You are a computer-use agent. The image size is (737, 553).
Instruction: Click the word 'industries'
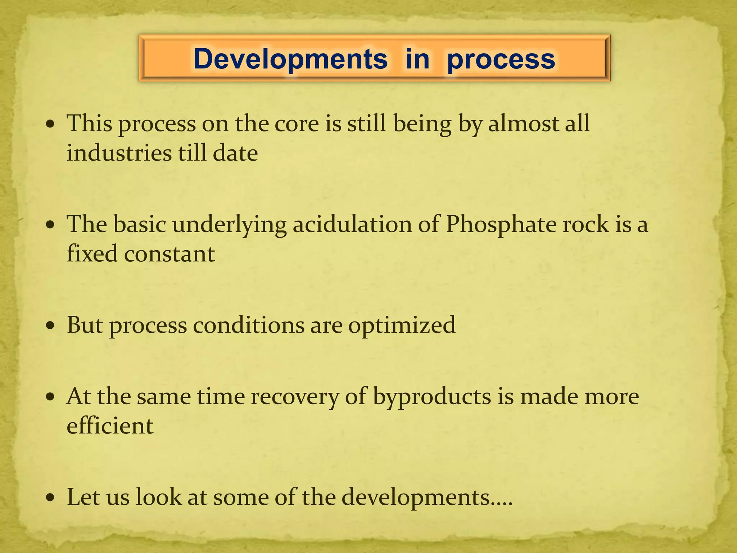pos(119,153)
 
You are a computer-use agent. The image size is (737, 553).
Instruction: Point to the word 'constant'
pos(169,253)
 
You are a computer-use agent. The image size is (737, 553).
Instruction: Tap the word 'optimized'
pos(402,325)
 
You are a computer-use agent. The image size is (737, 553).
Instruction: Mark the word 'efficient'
pos(110,426)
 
